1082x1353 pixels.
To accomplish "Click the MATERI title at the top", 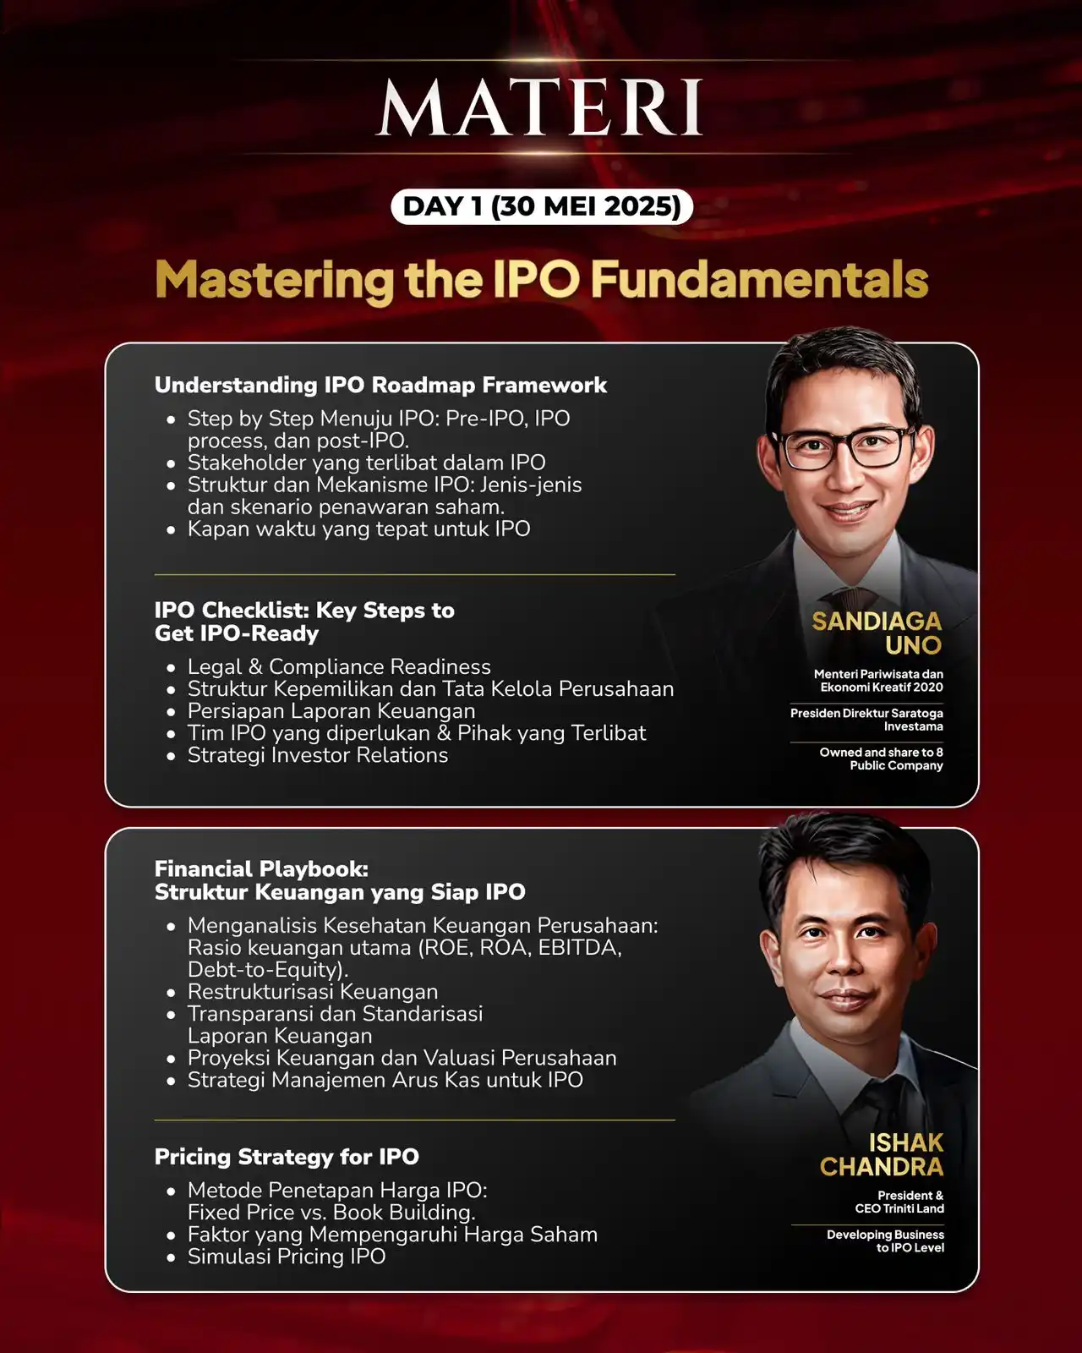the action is click(539, 107).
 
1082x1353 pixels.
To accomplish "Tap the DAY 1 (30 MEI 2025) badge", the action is click(542, 206).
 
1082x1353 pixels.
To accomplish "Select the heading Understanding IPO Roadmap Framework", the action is click(380, 385).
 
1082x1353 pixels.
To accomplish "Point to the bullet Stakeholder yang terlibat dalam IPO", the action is click(366, 463).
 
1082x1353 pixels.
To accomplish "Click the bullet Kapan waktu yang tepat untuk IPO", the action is click(358, 529).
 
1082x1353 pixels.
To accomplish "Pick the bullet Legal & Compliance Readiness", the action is click(339, 666).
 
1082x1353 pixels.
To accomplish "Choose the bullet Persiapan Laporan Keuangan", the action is click(331, 710).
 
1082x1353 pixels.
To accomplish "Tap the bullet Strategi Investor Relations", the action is click(318, 754).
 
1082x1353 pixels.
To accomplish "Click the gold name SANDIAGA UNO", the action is click(877, 633).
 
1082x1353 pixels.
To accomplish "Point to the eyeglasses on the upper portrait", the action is click(844, 447).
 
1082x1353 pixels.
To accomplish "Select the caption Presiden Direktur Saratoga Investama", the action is click(866, 720).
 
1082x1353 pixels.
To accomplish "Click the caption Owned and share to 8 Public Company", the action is click(881, 759).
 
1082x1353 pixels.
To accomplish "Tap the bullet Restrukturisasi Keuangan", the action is click(313, 991).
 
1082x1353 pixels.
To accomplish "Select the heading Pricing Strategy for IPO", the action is click(287, 1157).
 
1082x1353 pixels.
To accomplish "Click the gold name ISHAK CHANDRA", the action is click(882, 1154).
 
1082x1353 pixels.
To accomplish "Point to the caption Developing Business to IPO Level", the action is click(885, 1241).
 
